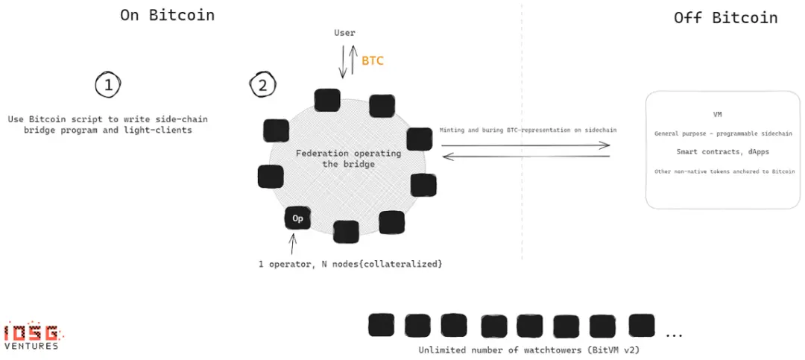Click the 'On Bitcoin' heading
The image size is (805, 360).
(167, 15)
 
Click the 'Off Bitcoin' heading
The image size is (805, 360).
(725, 18)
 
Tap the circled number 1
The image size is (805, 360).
(108, 85)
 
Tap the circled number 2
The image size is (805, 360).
(262, 85)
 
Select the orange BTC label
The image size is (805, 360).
(373, 61)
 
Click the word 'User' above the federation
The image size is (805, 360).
(344, 33)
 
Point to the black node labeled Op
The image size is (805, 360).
(297, 218)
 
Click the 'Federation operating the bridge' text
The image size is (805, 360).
(348, 158)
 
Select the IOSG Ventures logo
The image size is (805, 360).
(31, 335)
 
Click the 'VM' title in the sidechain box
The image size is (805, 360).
(717, 115)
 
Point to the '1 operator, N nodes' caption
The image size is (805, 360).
(344, 264)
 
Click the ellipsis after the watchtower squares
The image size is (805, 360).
(674, 334)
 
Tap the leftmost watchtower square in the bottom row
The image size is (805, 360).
(381, 325)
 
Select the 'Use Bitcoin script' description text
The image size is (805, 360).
(108, 124)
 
